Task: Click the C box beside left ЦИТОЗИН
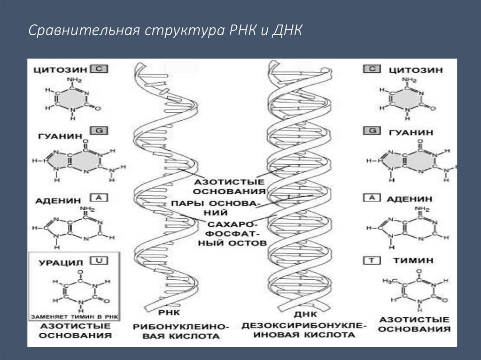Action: point(99,69)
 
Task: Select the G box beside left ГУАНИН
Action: point(99,130)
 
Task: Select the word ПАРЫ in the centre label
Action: point(187,204)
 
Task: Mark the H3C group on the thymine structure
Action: point(387,281)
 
